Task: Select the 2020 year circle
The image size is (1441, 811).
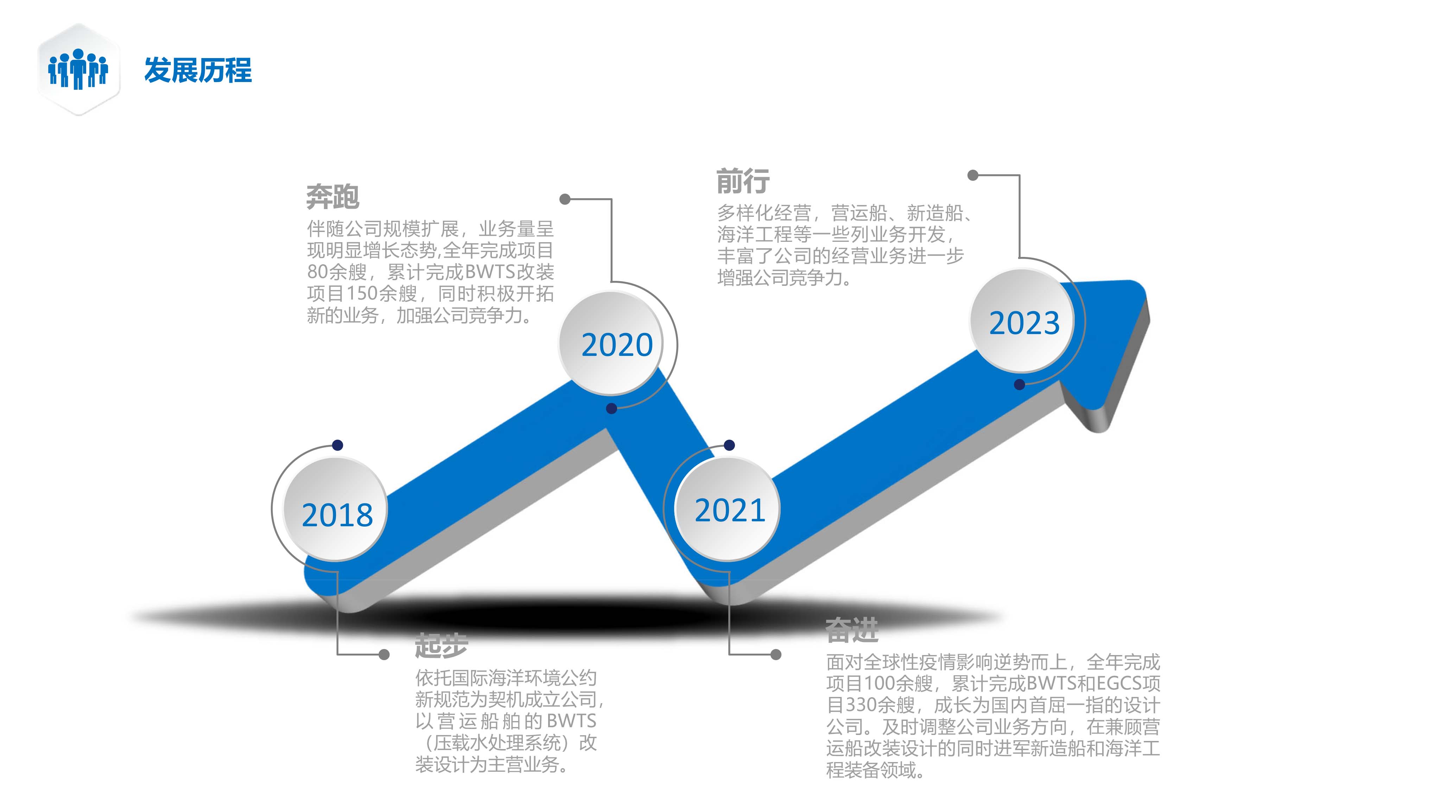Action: [611, 343]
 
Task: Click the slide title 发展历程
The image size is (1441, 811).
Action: [198, 70]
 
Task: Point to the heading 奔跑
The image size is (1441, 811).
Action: [333, 196]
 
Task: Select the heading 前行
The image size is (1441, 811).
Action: [743, 181]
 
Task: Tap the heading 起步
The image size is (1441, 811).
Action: [442, 645]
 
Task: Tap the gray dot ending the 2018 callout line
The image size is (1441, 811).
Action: [384, 654]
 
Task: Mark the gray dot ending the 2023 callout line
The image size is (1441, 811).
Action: [973, 175]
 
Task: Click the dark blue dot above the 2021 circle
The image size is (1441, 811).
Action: [729, 445]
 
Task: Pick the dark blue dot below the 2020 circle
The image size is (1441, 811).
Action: [611, 409]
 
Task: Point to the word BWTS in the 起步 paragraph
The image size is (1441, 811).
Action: [571, 721]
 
